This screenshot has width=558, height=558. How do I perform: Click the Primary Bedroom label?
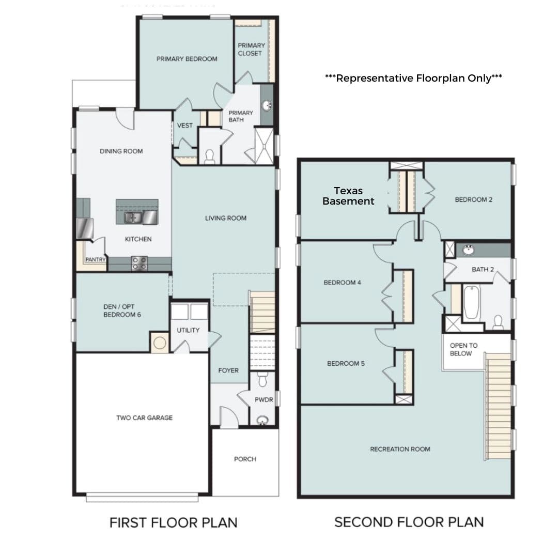pos(187,59)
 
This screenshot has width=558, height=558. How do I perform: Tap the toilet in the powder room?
pos(262,379)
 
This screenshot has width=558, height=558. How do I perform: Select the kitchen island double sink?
pos(133,217)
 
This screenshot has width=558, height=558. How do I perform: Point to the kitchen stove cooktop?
pos(139,263)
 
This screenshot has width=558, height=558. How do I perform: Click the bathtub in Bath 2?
pos(472,302)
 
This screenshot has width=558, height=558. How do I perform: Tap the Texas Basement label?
pos(348,196)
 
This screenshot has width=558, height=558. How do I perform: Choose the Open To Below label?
pos(463,349)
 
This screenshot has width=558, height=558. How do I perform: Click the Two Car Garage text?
pos(144,418)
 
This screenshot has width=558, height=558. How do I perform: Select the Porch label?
pos(245,459)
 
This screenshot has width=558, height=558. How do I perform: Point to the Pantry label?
pos(96,259)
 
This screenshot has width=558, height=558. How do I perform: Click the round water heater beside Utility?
pos(160,343)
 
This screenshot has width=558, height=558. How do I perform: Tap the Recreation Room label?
pos(400,449)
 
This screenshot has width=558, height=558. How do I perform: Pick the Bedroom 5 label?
pos(346,363)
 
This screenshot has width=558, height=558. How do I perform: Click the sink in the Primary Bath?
pos(267,105)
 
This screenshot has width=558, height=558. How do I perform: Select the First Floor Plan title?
pos(173,523)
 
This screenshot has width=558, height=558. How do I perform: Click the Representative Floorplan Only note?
pos(413,78)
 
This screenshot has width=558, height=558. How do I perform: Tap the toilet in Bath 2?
pos(498,322)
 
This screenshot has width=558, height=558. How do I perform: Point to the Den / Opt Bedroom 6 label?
pos(122,311)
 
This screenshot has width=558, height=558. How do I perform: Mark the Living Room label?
pos(226,218)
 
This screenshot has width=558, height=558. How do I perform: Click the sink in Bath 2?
pos(469,250)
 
